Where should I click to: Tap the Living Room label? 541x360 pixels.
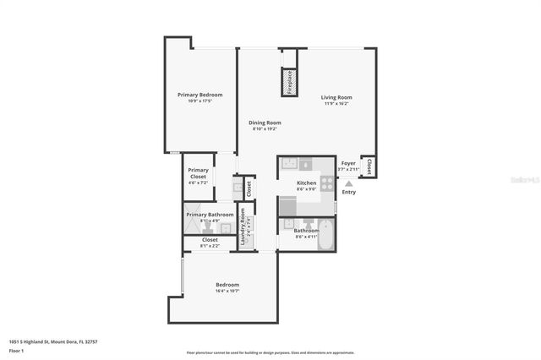pos(336,97)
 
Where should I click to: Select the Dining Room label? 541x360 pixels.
pos(265,123)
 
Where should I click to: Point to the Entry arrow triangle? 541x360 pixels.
pos(348,183)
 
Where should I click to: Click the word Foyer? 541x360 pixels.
pos(348,163)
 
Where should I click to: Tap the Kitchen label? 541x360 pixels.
pos(306,183)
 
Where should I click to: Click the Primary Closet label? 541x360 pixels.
pos(198,172)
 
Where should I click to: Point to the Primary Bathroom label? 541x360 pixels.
pos(210,215)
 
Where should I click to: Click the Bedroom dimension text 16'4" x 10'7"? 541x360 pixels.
pos(227,291)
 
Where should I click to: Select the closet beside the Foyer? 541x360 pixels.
pos(368,166)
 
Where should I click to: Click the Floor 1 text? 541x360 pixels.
pos(16,350)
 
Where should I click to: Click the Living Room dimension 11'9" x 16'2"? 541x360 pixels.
pos(336,104)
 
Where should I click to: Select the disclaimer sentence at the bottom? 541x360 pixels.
pos(270,352)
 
